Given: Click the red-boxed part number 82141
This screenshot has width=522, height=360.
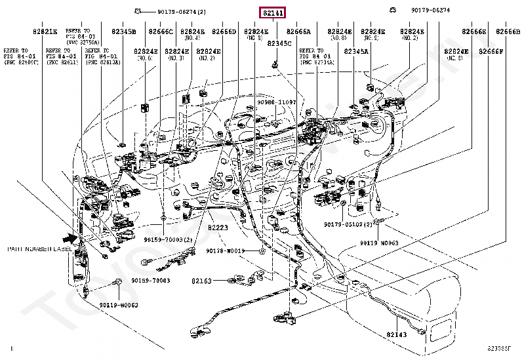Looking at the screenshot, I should tap(273, 13).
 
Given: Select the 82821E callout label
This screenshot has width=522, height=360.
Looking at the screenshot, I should tap(45, 31).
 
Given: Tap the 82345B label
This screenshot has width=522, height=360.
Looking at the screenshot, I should tap(123, 31).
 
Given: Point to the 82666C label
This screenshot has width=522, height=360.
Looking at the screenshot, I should tap(160, 31).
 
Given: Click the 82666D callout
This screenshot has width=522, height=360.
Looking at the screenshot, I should tap(224, 31).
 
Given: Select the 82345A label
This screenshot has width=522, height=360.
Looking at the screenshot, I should tap(357, 50).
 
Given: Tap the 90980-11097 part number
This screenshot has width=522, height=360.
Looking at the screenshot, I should tap(276, 102).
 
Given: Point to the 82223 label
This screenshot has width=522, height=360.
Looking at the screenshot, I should tap(217, 227).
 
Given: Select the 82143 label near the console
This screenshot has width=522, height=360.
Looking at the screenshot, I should tap(396, 334).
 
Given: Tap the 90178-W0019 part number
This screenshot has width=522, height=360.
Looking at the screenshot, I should tap(225, 250).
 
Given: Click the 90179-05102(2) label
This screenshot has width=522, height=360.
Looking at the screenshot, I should tap(348, 224).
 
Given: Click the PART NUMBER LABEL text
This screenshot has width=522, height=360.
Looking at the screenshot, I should tap(40, 249).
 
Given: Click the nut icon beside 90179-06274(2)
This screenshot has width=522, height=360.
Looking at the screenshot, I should tap(137, 10).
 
